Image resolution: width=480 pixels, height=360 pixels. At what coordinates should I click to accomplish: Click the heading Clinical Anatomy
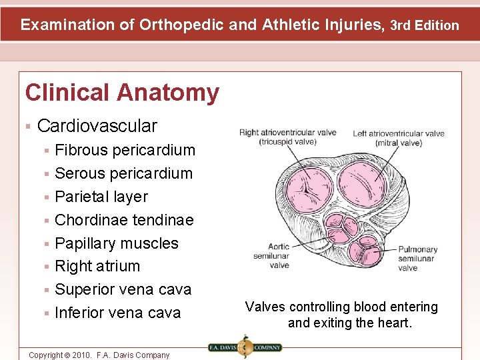coord(122,93)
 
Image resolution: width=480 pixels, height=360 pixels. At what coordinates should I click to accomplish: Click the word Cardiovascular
coord(97,125)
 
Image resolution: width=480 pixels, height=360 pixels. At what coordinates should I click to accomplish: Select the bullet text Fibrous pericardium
coord(125,150)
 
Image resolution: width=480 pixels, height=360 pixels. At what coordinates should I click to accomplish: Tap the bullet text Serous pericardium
coord(123,173)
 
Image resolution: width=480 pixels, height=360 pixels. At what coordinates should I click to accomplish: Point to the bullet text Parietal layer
coord(101,197)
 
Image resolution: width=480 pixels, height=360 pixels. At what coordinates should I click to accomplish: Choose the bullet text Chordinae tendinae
coord(124,220)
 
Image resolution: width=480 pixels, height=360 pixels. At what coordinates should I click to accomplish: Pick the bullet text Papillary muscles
coord(117,243)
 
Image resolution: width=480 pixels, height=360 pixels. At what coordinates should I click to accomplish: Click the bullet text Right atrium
coord(97,266)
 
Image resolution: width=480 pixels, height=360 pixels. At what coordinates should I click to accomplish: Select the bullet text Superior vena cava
coord(123,289)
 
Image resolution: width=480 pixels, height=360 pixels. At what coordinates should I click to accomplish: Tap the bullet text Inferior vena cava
coord(117,313)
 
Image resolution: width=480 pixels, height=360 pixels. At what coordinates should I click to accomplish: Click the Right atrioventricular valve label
coord(287,137)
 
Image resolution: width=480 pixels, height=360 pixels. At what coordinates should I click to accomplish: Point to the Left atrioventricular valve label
coord(398,138)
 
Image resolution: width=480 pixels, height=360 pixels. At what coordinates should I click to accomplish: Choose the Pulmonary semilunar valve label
coord(417,259)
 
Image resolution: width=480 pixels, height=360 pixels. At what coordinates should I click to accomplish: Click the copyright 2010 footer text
coord(99,355)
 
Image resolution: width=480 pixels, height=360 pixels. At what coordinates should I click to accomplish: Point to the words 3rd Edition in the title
coord(425,25)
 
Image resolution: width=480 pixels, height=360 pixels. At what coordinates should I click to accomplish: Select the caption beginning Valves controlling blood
coord(341,315)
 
